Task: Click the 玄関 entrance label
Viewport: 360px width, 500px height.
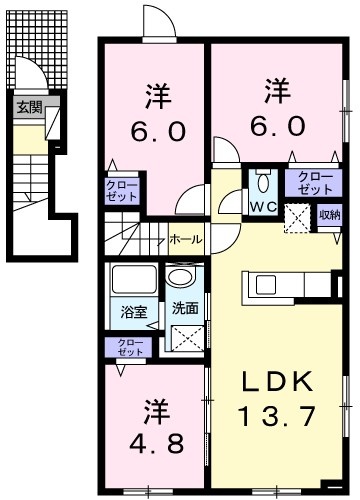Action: point(30,108)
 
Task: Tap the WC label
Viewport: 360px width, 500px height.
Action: point(263,207)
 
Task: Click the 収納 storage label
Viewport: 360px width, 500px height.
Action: point(329,215)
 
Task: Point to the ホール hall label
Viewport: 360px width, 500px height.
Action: point(186,239)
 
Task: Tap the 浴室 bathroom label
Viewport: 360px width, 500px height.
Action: point(133,312)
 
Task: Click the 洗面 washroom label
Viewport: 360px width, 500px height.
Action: point(185,308)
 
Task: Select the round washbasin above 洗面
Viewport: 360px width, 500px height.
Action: point(180,277)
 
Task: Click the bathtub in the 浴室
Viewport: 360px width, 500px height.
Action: point(134,279)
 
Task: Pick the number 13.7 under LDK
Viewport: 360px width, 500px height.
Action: point(276,416)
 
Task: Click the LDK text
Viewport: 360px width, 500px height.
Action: point(277,381)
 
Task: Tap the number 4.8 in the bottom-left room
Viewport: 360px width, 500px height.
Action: point(156,443)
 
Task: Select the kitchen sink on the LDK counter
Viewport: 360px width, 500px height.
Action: point(266,285)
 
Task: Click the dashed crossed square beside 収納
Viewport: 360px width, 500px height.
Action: point(297,218)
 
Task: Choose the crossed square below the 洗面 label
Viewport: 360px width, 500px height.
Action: point(187,338)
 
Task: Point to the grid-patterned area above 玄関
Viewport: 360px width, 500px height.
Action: point(38,49)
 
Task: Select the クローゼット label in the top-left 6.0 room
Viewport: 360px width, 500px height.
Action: point(121,191)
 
